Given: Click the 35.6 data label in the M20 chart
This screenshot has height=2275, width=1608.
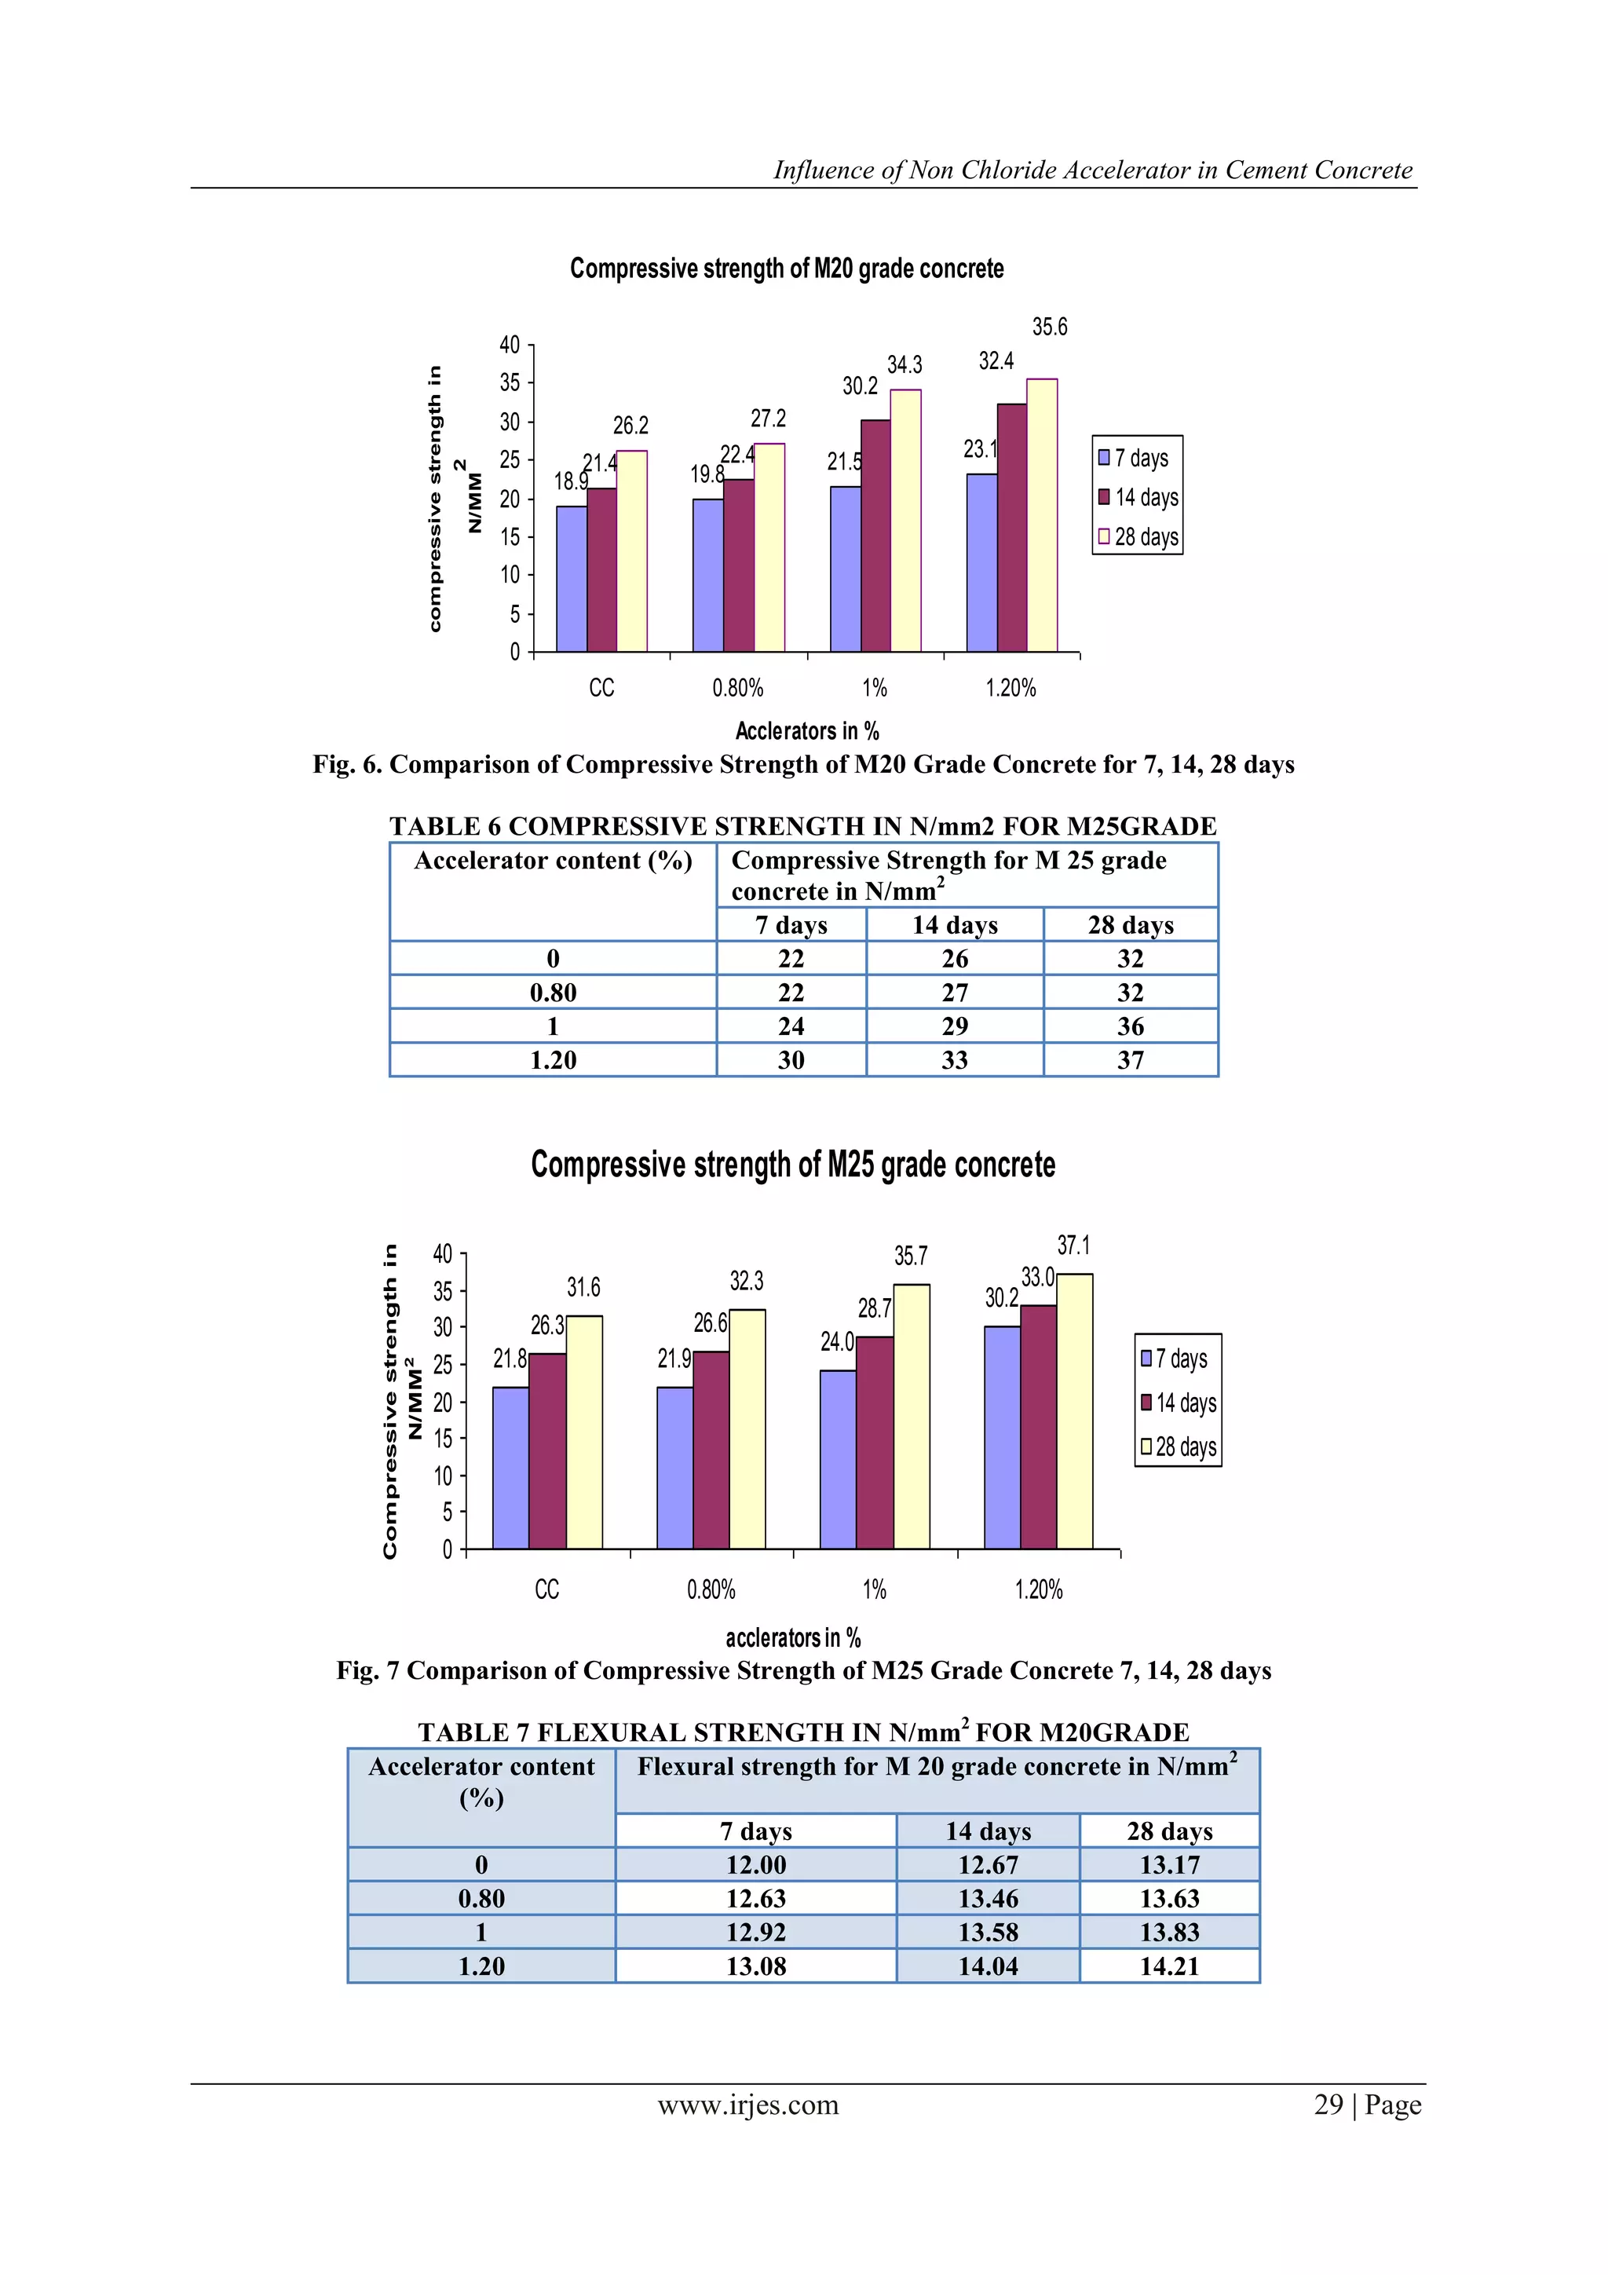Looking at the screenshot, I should [x=1049, y=327].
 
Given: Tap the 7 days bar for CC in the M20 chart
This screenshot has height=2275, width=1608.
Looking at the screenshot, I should [x=572, y=579].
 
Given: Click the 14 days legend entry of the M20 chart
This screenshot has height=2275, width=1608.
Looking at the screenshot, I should [x=1138, y=497].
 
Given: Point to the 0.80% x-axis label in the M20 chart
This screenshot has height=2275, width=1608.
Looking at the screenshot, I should [x=737, y=688].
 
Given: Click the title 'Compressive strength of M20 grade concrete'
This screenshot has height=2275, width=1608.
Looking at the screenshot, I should [x=787, y=269].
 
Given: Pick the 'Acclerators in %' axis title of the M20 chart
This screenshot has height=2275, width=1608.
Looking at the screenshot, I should [x=806, y=731].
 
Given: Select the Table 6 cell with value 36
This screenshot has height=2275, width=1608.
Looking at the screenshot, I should [x=1130, y=1026].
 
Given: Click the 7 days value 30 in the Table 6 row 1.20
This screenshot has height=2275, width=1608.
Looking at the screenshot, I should [x=791, y=1060].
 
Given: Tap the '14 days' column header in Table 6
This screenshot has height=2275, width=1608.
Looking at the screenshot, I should [x=954, y=925].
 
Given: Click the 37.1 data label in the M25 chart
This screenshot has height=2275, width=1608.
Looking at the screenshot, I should [x=1073, y=1245].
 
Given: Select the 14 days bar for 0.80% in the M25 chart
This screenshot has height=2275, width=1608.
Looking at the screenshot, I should [x=711, y=1449].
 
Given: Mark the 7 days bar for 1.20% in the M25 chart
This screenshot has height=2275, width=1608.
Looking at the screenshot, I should [x=1002, y=1437].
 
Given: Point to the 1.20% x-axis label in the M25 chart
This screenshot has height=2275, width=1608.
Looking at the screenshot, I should [x=1038, y=1590].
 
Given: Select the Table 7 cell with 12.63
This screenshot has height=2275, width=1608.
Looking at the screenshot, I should [x=755, y=1899].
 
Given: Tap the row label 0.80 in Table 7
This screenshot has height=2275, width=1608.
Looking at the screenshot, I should [x=481, y=1899].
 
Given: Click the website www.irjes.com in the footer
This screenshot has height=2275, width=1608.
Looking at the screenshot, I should [x=748, y=2105].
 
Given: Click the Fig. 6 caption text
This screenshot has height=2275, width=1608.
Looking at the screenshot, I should [x=803, y=765].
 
